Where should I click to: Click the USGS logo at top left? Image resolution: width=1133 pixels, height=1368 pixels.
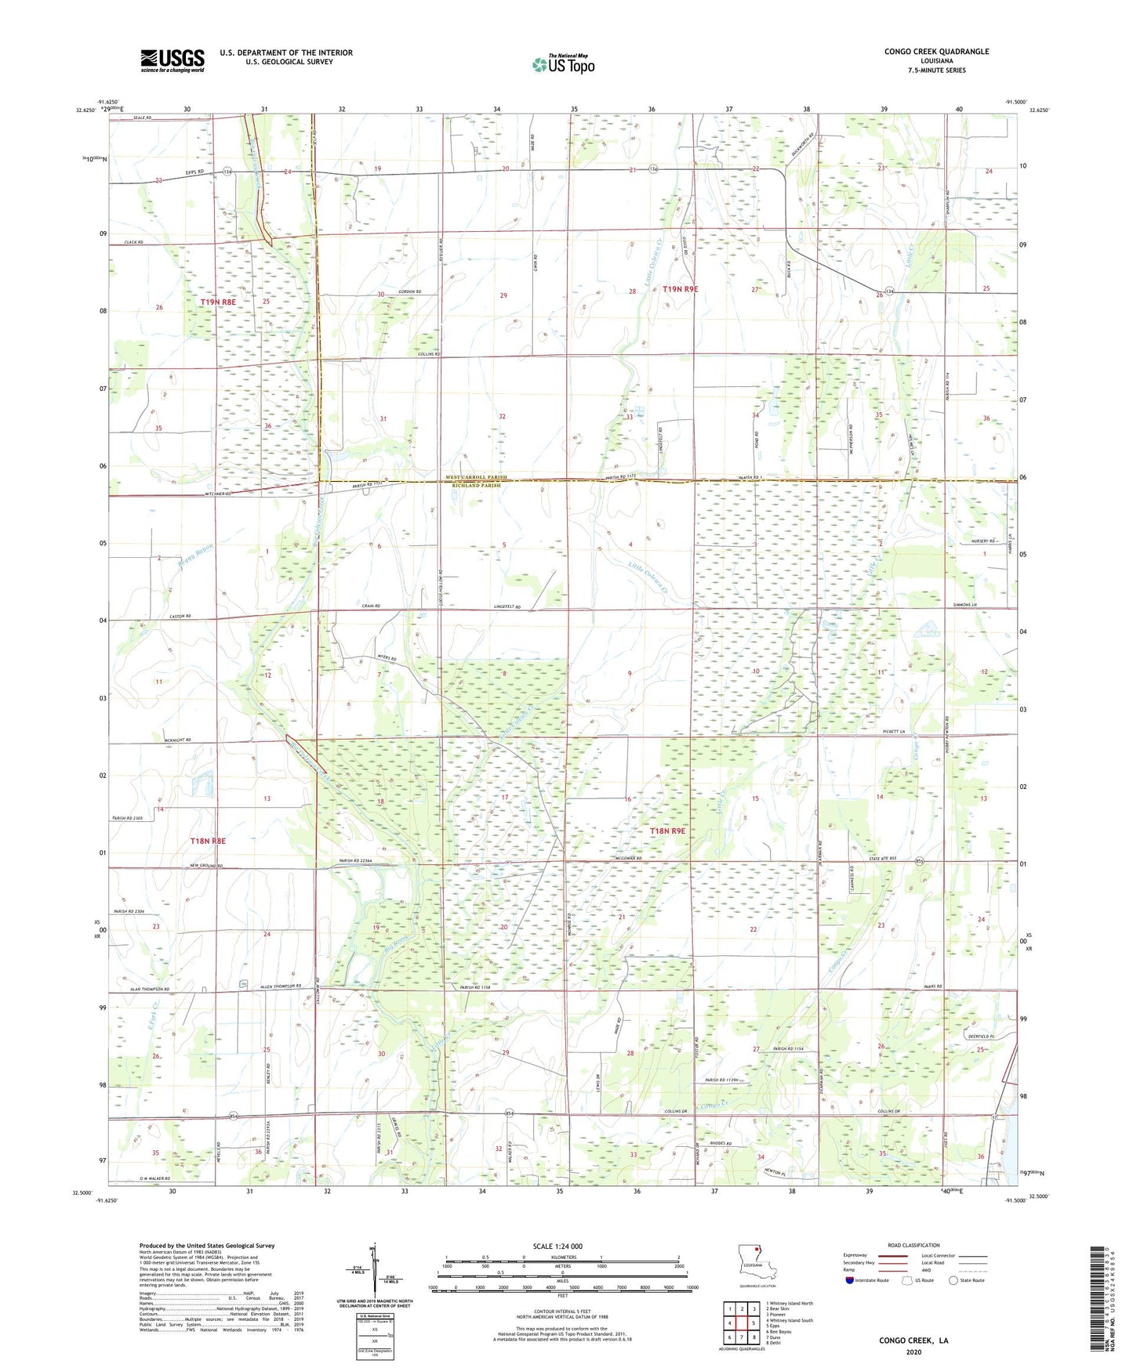[172, 60]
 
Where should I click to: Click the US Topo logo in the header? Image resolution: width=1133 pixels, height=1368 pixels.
[563, 64]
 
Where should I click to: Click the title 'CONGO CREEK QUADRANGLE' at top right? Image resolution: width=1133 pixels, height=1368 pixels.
[936, 52]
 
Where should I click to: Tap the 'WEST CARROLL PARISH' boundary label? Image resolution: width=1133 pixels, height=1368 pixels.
[477, 477]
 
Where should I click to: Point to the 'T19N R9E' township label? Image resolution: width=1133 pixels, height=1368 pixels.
[680, 289]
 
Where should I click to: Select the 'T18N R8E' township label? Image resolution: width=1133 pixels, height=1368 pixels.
[208, 841]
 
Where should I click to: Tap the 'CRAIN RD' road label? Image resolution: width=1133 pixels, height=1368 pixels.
[371, 606]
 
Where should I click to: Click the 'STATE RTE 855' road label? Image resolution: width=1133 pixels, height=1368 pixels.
[904, 859]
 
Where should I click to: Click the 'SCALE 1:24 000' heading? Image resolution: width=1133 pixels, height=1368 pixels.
[557, 1246]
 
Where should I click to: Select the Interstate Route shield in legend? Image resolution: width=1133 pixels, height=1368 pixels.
[850, 1280]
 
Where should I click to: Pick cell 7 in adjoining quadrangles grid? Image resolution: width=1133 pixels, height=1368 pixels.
[729, 1337]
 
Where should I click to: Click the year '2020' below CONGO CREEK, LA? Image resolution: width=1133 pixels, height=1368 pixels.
[913, 1352]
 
